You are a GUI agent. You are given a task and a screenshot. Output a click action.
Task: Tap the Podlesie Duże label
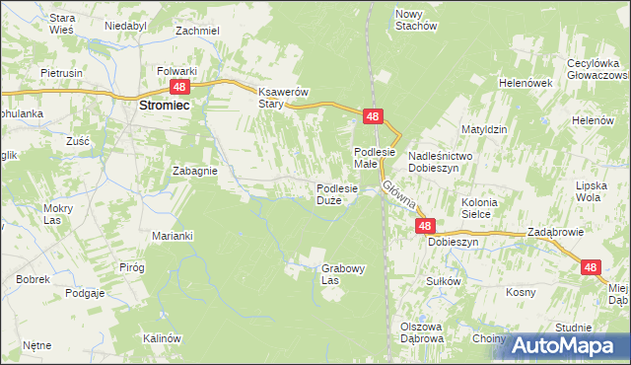tap(342, 194)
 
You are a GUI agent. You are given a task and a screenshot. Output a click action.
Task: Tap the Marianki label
tap(172, 236)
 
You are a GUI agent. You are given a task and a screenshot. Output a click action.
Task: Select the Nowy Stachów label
tap(415, 20)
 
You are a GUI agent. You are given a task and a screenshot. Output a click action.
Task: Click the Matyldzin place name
tap(484, 129)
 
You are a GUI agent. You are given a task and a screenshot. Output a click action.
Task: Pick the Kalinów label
tap(164, 338)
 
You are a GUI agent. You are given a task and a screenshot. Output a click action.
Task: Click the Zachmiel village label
tap(197, 31)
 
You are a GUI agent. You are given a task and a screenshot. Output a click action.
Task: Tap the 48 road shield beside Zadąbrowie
tap(590, 266)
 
